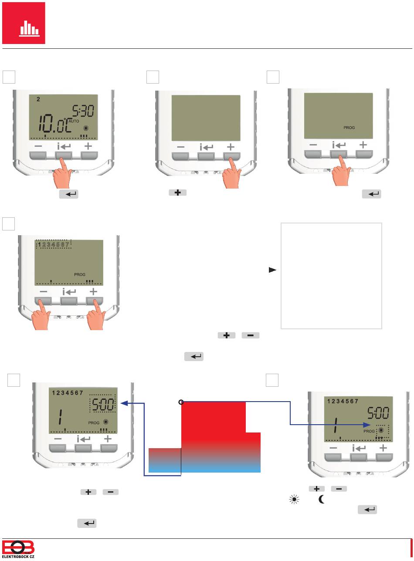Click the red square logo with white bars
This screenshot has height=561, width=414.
24,23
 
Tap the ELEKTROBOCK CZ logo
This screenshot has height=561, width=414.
18,549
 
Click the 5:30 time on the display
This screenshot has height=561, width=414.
83,111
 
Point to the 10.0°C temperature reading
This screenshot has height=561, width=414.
55,123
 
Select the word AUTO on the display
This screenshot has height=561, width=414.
74,121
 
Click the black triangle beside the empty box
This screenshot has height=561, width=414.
272,270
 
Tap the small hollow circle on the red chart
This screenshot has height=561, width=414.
181,402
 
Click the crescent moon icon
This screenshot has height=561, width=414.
322,499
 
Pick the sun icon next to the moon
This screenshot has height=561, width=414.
294,500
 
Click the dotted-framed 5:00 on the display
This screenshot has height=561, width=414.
103,404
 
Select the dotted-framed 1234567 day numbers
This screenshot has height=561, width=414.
54,244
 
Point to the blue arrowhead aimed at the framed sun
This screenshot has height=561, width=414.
366,425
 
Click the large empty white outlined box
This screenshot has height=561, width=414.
331,276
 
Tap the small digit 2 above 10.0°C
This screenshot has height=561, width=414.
38,99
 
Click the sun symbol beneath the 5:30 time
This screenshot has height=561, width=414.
86,128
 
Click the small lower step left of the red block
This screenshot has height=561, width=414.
165,460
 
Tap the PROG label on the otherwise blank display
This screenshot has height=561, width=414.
349,128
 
